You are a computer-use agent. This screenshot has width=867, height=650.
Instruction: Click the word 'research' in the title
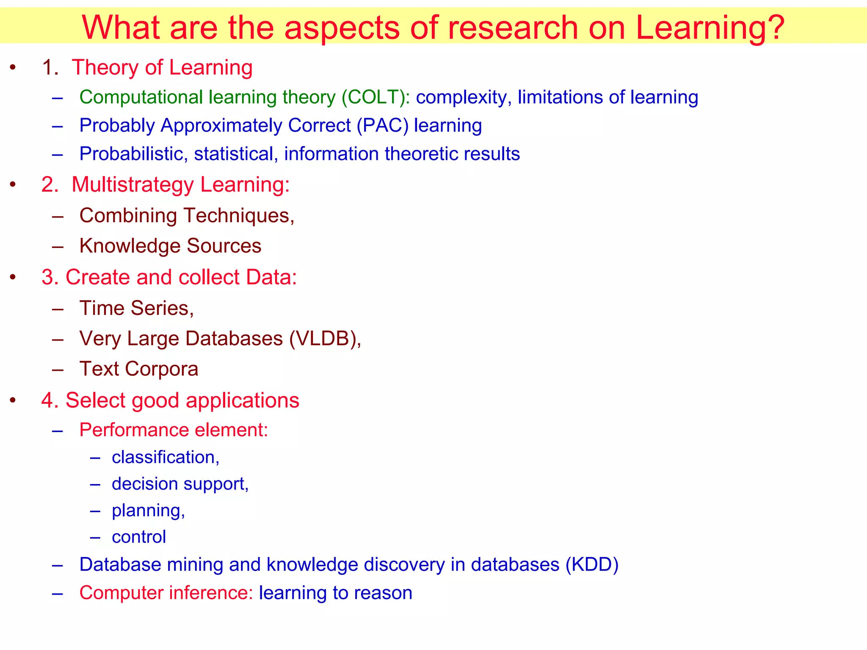513,28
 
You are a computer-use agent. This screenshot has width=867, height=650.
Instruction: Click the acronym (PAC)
382,126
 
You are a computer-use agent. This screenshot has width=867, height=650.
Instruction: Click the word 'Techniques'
239,216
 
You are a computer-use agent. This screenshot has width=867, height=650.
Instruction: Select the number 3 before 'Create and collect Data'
49,278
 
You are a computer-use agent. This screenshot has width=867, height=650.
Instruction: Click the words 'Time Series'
135,308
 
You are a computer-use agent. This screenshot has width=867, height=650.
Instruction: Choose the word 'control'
139,537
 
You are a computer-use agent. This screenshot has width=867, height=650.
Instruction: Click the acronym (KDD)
592,565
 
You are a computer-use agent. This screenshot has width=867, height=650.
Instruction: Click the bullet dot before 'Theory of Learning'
13,68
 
